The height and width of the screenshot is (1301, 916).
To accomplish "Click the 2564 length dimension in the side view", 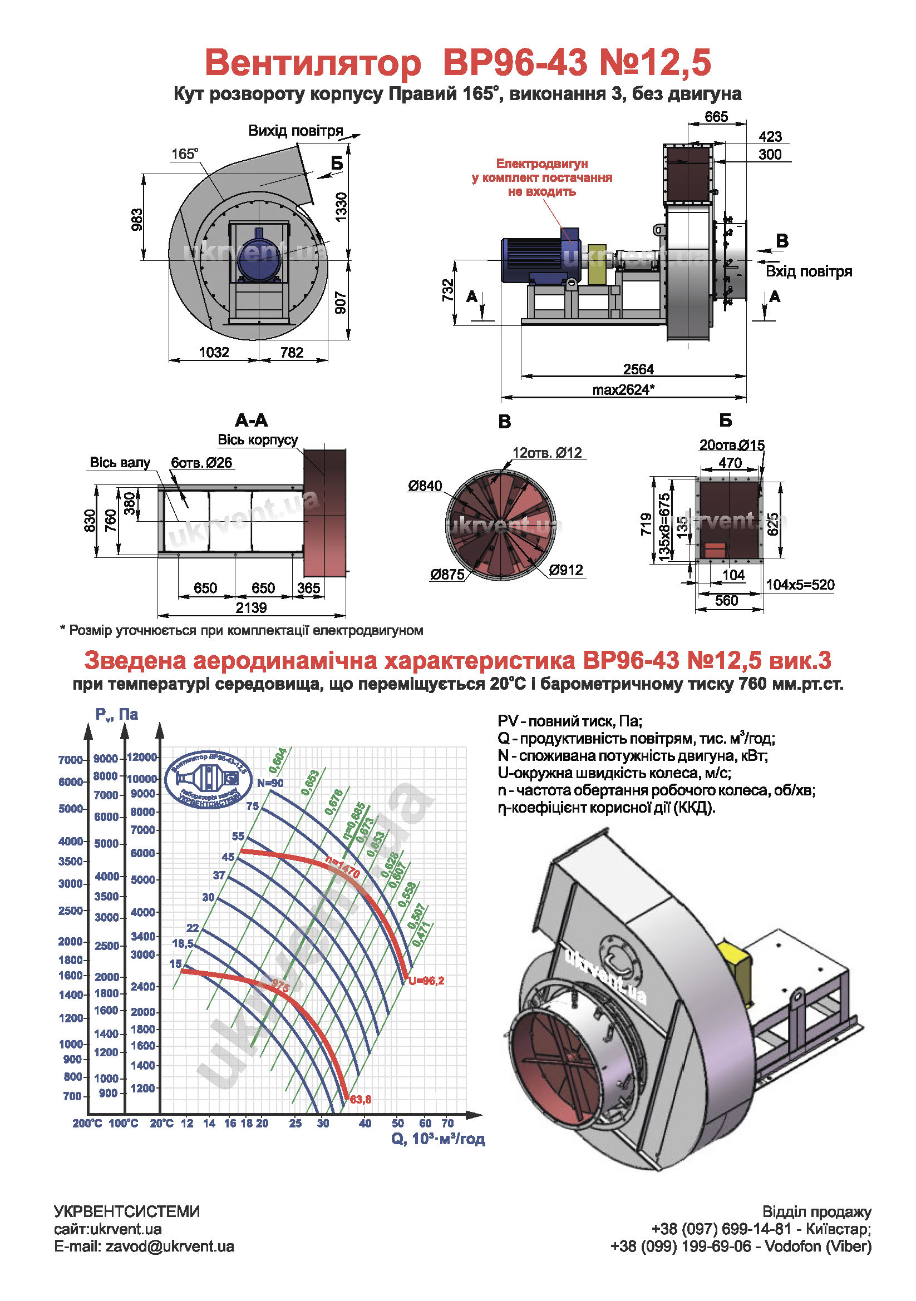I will (638, 369).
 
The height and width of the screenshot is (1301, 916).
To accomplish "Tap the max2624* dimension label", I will (623, 389).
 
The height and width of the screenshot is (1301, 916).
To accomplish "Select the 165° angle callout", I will (185, 154).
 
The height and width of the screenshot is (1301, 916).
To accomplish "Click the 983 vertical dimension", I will (137, 219).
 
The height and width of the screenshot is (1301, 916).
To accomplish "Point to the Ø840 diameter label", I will (425, 486).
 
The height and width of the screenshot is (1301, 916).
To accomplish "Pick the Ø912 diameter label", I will (566, 570).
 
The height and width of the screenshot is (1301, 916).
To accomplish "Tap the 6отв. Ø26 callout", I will (202, 463).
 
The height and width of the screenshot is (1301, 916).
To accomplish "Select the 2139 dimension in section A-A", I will (251, 608).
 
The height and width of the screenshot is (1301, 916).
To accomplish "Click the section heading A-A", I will (251, 421).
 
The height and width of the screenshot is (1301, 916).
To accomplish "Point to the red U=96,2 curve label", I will (426, 981).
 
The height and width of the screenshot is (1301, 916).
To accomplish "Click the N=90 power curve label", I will (270, 783).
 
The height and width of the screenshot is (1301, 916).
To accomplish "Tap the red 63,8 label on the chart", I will (361, 1100).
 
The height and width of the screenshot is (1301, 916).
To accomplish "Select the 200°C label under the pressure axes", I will (87, 1123).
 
